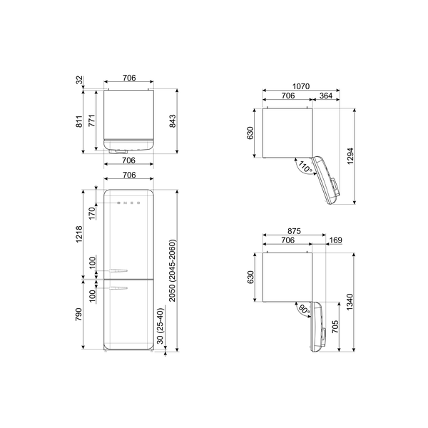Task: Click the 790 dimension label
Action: tap(81, 315)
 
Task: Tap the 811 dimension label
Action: tap(81, 121)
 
